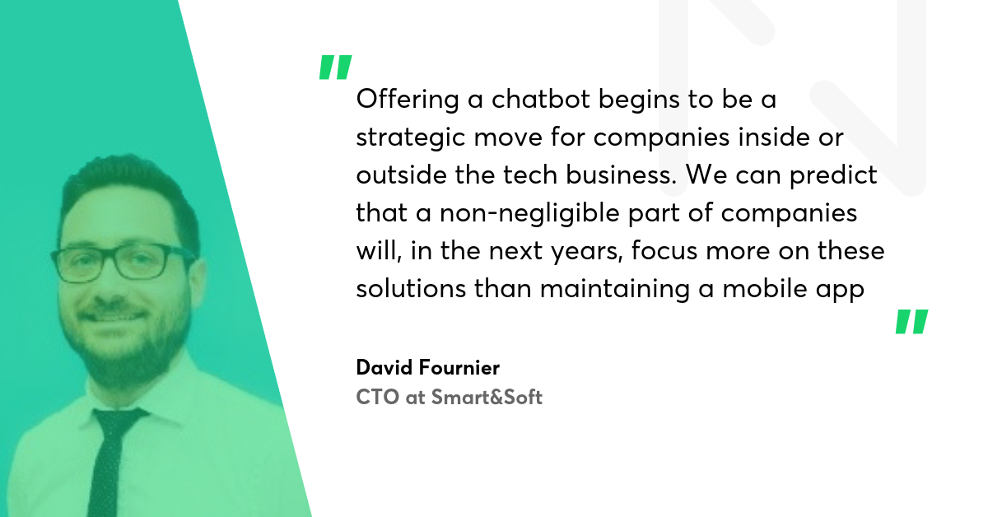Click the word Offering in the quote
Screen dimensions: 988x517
[x=408, y=100]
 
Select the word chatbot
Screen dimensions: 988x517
[x=540, y=98]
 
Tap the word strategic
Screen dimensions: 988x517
[x=411, y=137]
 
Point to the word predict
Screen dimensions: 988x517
[x=832, y=176]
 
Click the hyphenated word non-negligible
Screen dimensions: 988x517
[x=529, y=214]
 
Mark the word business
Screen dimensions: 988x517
[x=621, y=175]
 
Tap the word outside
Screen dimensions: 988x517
[x=402, y=175]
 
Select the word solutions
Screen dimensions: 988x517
[x=411, y=289]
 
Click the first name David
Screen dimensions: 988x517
[x=384, y=367]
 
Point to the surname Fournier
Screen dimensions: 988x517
[x=459, y=367]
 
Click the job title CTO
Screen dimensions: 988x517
[x=378, y=397]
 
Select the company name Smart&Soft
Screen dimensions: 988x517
[x=487, y=397]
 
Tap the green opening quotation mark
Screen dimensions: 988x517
[x=336, y=67]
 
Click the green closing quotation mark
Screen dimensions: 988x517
[x=911, y=322]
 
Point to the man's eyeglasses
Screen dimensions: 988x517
[x=123, y=263]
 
